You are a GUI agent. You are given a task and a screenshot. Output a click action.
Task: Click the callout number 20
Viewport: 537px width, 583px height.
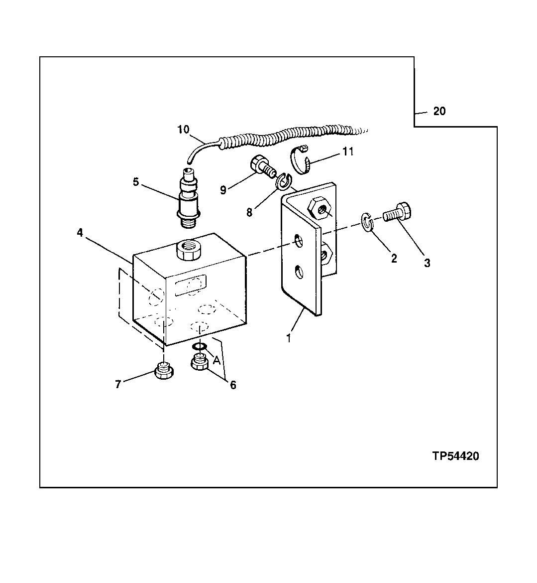click(x=439, y=111)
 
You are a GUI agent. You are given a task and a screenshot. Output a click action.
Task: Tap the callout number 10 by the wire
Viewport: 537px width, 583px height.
click(x=183, y=130)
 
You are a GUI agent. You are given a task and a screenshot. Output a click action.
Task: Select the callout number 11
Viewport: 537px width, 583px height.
click(x=348, y=151)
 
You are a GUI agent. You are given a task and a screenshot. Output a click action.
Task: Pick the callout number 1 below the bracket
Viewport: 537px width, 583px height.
click(x=288, y=338)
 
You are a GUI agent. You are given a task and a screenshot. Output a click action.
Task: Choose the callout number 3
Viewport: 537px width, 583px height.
click(x=427, y=263)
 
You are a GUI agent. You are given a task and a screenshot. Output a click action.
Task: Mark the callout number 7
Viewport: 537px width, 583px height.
click(x=118, y=385)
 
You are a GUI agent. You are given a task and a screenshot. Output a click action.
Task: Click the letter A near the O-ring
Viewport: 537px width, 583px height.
click(x=216, y=360)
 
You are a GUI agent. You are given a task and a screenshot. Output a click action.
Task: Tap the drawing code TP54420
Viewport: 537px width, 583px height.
click(x=455, y=456)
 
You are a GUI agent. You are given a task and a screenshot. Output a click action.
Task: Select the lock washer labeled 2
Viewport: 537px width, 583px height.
click(x=367, y=222)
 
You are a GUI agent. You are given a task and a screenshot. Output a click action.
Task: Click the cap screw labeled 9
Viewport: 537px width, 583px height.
click(x=262, y=166)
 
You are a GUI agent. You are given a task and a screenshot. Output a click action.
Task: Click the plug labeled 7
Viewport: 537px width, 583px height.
click(x=164, y=372)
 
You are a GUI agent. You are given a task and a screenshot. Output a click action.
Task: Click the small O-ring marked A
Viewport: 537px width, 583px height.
click(x=200, y=346)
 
